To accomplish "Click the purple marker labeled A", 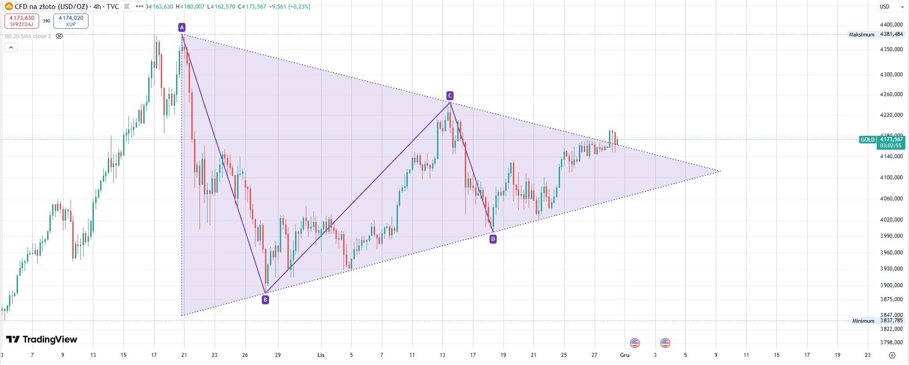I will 181,27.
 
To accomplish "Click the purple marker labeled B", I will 265,299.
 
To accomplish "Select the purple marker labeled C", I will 450,95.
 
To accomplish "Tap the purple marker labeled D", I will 493,239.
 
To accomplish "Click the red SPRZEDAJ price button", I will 22,21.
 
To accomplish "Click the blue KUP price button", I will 71,21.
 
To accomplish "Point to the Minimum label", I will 863,321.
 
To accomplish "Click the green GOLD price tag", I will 867,140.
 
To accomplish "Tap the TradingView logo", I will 42,339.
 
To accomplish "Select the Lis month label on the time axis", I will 321,355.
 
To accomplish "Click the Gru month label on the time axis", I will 625,355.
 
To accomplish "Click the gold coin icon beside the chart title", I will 9,7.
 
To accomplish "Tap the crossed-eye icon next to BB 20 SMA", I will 59,36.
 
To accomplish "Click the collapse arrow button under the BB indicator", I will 11,47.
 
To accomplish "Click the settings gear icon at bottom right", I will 892,355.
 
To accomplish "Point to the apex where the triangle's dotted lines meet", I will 720,171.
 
